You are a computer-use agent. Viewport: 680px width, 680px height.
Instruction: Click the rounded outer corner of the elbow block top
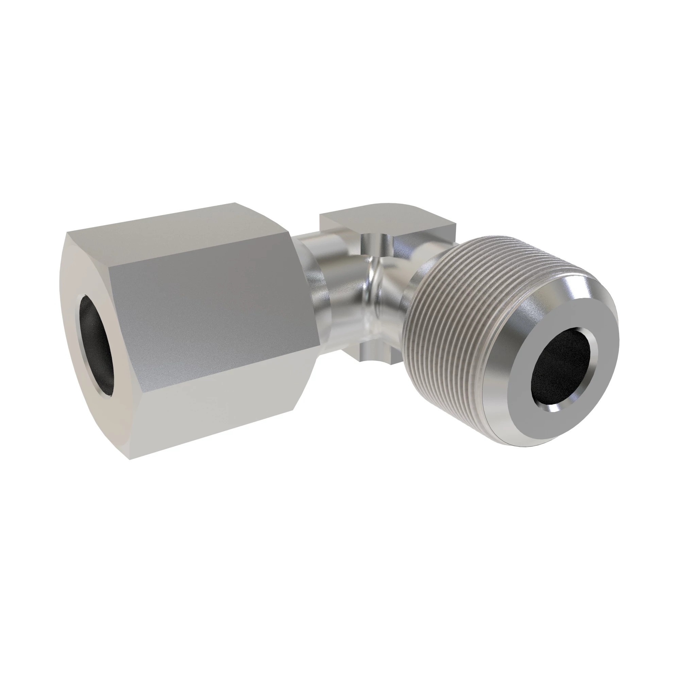click(447, 211)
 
